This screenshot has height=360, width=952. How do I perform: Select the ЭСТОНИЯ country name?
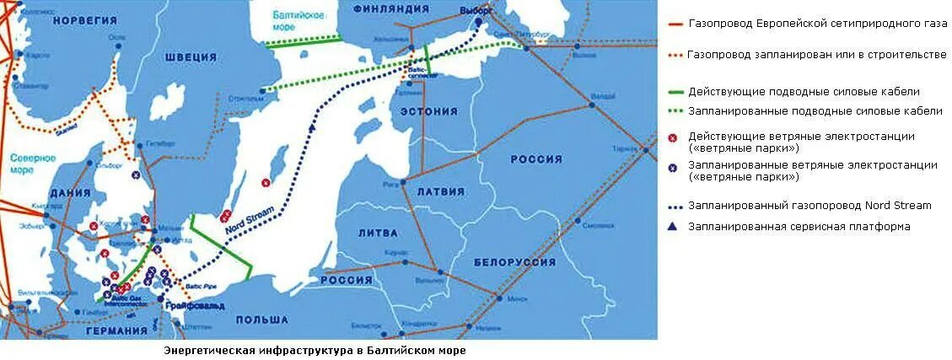click(429, 110)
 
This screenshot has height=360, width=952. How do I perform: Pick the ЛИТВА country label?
click(377, 231)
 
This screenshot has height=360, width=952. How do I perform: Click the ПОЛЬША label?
click(262, 320)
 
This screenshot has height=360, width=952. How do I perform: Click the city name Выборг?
click(476, 9)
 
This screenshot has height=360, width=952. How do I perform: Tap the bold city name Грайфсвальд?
click(196, 305)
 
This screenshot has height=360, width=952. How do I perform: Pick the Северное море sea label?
click(33, 164)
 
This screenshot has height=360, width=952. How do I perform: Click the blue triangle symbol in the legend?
click(672, 226)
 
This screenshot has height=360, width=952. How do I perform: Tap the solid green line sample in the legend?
click(674, 91)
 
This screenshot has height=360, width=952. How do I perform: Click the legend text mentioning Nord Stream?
click(809, 204)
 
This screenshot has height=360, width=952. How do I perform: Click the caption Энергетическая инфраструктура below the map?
click(314, 349)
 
